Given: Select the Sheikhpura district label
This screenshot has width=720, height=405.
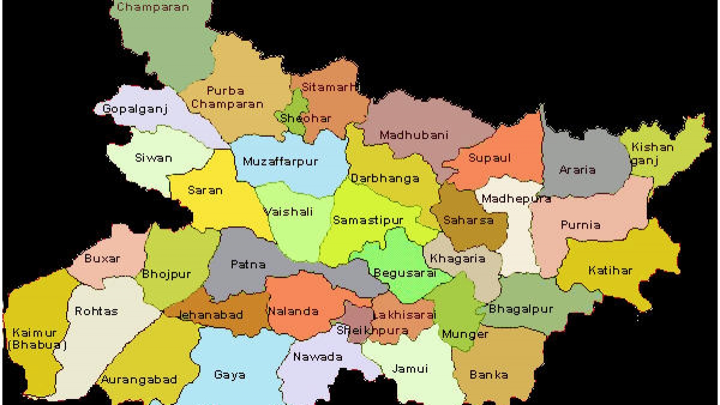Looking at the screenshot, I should click(364, 330).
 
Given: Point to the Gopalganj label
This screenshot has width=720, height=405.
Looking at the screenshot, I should click(135, 109).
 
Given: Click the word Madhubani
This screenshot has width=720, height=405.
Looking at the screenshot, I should click(414, 135).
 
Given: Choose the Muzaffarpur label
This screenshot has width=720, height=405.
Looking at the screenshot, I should click(280, 161).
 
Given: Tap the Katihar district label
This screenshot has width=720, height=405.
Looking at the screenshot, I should click(610, 270).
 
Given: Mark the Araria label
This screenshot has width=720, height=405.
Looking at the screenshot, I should click(577, 170).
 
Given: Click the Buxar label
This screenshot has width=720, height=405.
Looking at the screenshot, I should click(102, 259).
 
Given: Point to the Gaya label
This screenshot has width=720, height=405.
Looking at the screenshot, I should click(230, 375).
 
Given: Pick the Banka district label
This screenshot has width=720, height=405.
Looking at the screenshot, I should click(489, 375).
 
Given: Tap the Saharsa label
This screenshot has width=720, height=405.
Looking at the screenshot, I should click(469, 220).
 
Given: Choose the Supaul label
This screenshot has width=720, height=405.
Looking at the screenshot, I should click(490, 158).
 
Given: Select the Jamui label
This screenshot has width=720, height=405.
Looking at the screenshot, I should click(410, 368).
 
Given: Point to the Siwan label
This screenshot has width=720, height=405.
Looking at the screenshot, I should click(153, 158).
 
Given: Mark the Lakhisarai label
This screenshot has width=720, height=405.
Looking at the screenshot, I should click(399, 315).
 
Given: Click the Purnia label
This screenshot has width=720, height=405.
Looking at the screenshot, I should click(580, 225).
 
